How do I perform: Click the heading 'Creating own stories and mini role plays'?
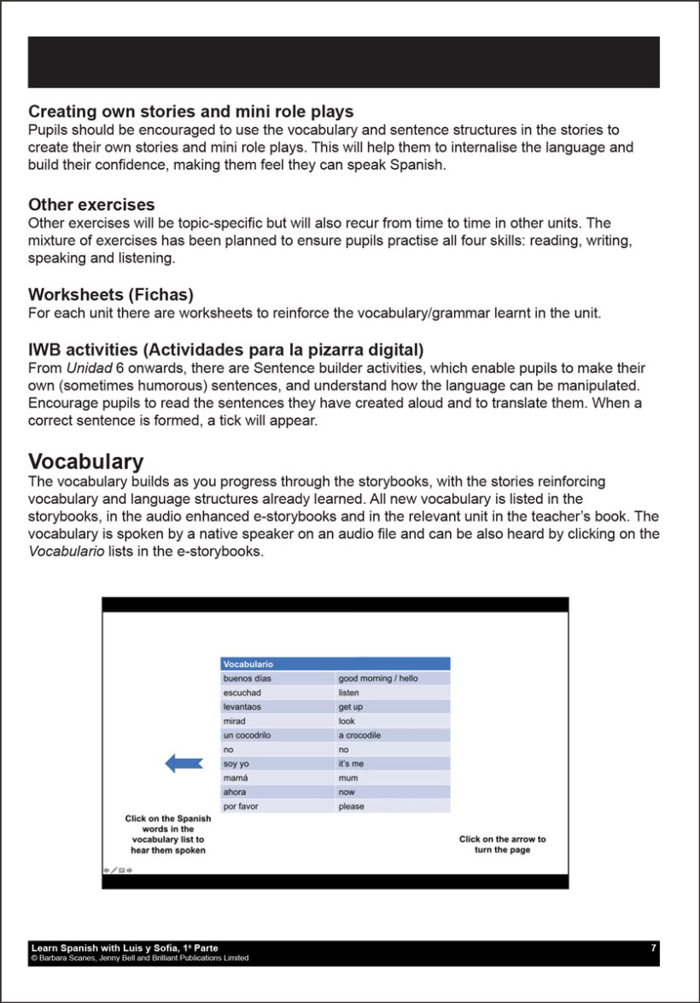(x=190, y=112)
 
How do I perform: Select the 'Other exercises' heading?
(x=91, y=205)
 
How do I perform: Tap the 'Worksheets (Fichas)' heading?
(x=111, y=295)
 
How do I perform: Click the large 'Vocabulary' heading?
(x=85, y=462)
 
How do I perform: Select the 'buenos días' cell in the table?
(x=246, y=679)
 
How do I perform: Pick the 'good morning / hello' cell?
(x=378, y=679)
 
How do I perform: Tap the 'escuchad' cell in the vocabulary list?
(x=242, y=693)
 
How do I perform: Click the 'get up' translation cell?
(x=350, y=707)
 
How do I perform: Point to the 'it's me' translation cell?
(x=351, y=763)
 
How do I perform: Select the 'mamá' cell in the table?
(x=236, y=778)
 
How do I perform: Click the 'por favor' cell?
(x=241, y=806)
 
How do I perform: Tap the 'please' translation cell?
(x=351, y=806)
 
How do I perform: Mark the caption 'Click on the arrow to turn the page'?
(x=502, y=844)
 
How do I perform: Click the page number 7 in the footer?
(x=653, y=948)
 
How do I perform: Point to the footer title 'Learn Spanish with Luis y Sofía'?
(x=124, y=948)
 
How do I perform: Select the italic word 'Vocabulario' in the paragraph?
(x=62, y=552)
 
